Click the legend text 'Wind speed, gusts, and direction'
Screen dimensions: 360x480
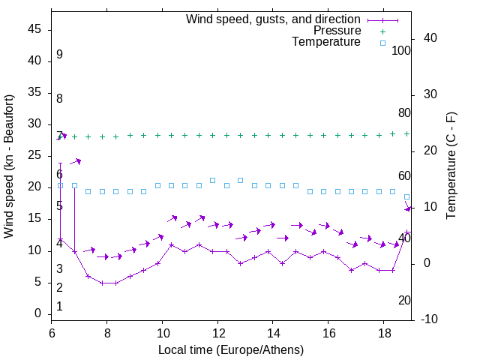tap(273, 19)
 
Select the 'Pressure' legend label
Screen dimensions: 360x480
tap(337, 31)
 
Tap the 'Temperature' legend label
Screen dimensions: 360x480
tap(326, 43)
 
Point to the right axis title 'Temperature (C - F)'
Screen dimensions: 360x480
tap(451, 166)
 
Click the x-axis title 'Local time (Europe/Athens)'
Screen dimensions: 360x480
tap(231, 350)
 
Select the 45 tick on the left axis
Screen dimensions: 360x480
tap(35, 30)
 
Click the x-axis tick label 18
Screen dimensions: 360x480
tap(384, 332)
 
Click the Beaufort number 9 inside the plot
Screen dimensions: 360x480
tap(59, 55)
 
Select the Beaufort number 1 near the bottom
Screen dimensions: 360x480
tap(59, 307)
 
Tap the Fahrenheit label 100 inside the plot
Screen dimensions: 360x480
tap(401, 51)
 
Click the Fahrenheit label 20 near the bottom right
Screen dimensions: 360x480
tap(404, 301)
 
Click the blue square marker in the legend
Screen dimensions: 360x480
tap(382, 43)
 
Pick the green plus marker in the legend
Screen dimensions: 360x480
tap(382, 31)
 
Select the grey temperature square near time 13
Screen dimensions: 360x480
tap(240, 180)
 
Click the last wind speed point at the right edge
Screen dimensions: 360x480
tap(407, 232)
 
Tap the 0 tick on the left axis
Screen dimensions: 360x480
tap(38, 313)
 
